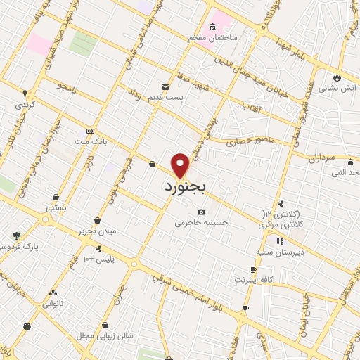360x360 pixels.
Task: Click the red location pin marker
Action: point(181,165)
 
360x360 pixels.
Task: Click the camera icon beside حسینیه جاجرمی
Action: point(202,212)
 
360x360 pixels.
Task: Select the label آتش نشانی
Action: point(337,89)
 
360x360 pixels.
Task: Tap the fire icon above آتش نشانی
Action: point(337,77)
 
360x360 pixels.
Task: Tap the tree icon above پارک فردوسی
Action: point(16,236)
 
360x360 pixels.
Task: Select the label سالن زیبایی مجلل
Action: point(105,336)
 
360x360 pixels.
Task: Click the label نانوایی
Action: point(53,304)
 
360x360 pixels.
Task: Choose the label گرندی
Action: point(25,104)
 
